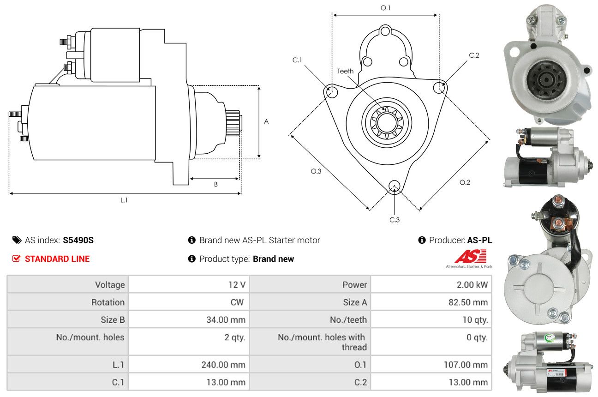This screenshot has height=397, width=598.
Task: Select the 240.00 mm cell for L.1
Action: coord(223,365)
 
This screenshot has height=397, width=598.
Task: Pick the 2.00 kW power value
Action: coord(472,285)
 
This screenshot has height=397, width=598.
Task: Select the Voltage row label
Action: coord(110,285)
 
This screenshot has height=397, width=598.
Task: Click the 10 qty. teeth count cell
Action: coord(475,319)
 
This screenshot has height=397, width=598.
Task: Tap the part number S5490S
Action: coord(78,240)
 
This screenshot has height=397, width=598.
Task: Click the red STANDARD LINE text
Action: coord(57,259)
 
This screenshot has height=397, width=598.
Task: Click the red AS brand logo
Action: coord(471,256)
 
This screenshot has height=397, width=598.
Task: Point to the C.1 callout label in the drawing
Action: coord(297,60)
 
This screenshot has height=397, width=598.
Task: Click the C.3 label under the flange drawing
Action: coord(394,220)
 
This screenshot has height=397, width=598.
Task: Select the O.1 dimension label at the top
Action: coord(385,8)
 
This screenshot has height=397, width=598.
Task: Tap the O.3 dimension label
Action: coord(316,171)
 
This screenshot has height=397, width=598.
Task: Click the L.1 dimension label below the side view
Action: coord(124,200)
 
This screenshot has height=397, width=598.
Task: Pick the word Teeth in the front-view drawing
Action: coord(345,71)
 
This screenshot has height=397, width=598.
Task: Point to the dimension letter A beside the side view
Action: coord(266,122)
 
